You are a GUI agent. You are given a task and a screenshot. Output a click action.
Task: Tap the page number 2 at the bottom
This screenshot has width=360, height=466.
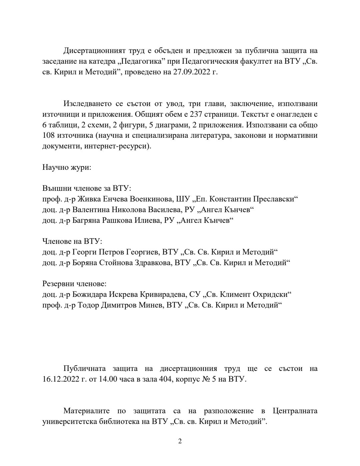pyautogui.click(x=180, y=441)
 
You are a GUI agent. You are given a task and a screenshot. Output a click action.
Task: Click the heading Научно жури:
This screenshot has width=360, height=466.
pyautogui.click(x=67, y=167)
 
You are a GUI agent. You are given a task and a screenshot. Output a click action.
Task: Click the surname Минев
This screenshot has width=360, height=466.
pyautogui.click(x=149, y=305)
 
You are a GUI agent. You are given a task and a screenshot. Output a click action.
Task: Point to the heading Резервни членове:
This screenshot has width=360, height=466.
pyautogui.click(x=74, y=284)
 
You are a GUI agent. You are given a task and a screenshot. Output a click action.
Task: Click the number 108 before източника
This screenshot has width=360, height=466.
pyautogui.click(x=49, y=135)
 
